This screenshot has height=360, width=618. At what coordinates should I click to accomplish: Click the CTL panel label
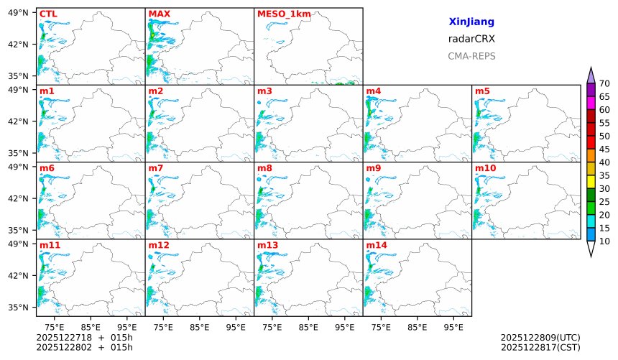click(48, 14)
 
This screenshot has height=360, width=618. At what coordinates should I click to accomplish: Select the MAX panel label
click(159, 14)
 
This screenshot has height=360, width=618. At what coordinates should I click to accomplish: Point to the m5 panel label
click(482, 91)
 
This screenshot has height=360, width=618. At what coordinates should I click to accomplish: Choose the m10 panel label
click(485, 168)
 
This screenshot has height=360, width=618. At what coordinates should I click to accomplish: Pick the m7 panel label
click(155, 168)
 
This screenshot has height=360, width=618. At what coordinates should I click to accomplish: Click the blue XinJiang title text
click(471, 22)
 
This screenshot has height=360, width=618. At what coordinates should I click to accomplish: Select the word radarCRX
click(471, 39)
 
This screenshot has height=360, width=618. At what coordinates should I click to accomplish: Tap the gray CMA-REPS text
click(471, 56)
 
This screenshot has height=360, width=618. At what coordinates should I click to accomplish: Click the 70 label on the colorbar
click(604, 84)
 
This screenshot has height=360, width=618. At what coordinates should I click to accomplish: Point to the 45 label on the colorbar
click(604, 149)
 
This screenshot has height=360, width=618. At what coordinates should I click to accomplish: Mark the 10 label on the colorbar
click(604, 241)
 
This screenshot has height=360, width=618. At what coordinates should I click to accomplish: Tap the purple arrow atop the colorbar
click(591, 75)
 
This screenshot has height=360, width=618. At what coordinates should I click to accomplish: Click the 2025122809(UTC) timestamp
click(540, 337)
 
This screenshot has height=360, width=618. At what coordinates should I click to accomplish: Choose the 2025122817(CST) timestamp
click(540, 348)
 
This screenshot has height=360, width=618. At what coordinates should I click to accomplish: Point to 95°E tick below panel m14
click(453, 327)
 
